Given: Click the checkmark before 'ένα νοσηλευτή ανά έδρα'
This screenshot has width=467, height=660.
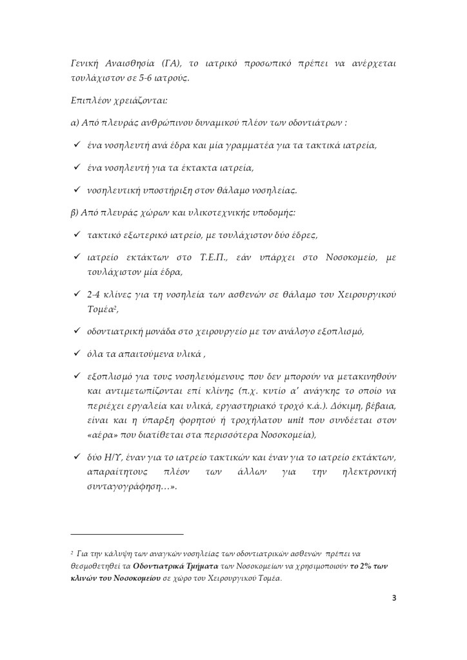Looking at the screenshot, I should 77,145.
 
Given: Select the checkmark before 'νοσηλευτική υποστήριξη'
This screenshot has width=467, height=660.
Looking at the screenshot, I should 77,190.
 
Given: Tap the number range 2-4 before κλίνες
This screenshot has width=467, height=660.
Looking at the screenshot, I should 95,295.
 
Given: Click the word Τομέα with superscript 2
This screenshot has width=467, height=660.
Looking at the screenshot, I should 102,309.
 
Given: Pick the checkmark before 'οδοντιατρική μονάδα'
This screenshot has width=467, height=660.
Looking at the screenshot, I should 77,332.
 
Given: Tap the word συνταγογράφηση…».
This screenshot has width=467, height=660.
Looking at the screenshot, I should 132,487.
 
